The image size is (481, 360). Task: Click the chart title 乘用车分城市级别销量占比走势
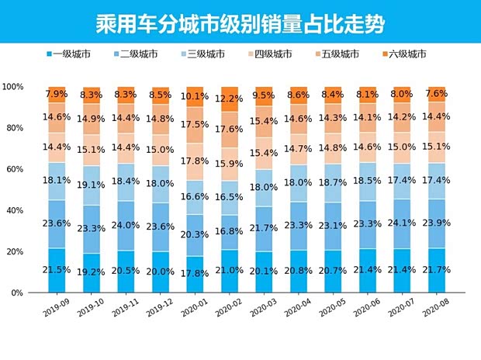pos(240,20)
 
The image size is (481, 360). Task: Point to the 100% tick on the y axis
pos(13,87)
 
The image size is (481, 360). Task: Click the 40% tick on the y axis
pos(16,210)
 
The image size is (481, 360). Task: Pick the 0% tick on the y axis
pos(18,293)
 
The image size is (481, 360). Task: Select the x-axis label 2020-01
pos(196,311)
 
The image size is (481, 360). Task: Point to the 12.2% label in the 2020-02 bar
pos(230,99)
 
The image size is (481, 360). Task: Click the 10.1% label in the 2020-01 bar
pos(195,97)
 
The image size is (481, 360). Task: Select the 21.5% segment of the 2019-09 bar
pos(57,270)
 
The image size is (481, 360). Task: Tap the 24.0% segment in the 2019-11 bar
pos(126,227)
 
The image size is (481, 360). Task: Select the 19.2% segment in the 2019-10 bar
pos(92,273)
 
